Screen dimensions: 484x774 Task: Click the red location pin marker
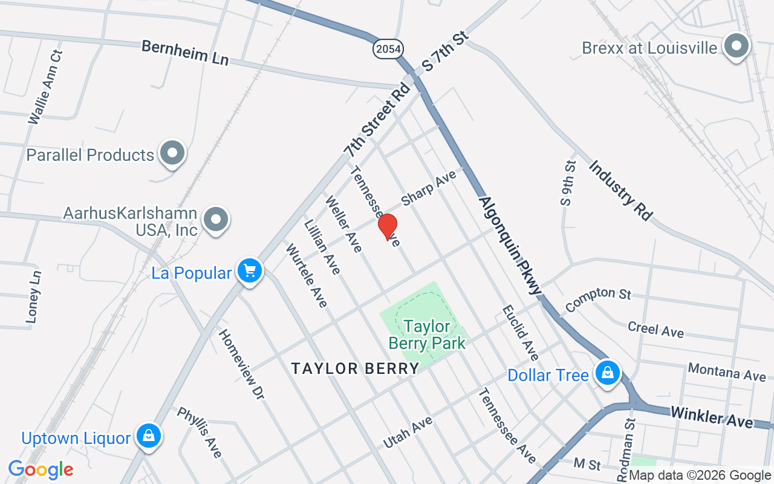pos(388,226)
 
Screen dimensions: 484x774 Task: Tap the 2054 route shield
pos(388,49)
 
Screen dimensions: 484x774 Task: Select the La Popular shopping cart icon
pos(249,272)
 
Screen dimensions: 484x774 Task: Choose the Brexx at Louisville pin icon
pos(737,47)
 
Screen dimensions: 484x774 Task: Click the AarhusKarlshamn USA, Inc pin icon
pos(215,220)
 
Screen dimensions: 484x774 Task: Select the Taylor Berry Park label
pos(427,335)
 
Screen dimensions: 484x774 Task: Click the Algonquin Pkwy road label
pos(510,245)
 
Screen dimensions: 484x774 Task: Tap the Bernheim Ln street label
pos(185,53)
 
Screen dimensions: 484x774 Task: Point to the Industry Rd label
pos(620,190)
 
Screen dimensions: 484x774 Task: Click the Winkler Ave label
pos(712,417)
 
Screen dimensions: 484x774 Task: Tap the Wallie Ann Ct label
pos(46,87)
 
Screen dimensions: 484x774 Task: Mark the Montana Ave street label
pos(727,371)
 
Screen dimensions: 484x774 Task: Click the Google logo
pos(41,469)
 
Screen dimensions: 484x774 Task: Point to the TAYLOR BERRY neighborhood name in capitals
pos(355,368)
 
